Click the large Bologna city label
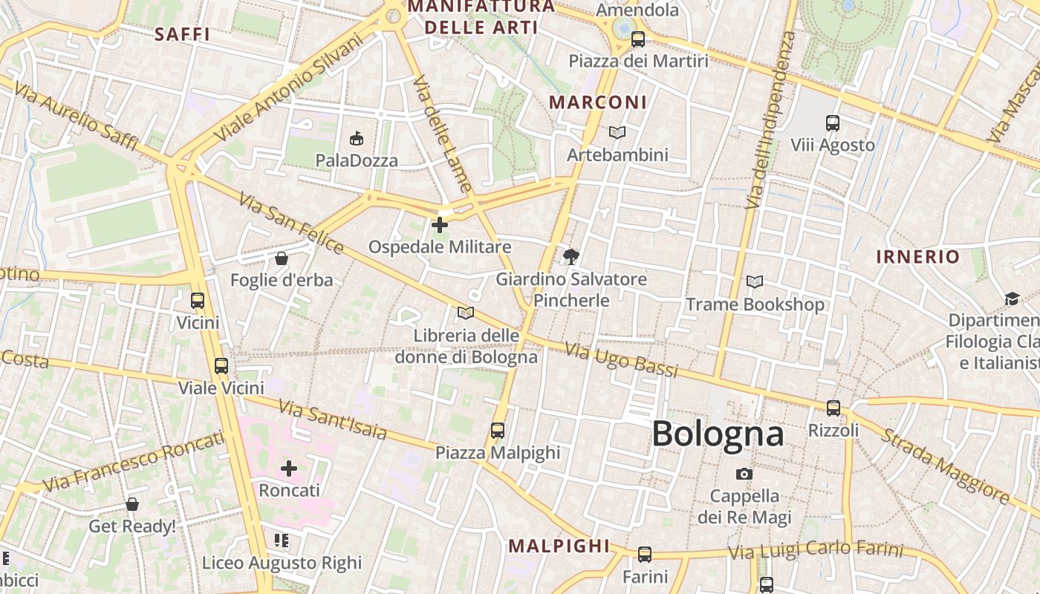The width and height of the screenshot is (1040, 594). click(718, 434)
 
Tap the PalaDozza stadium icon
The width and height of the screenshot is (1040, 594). click(357, 138)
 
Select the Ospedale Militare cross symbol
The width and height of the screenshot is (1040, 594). click(440, 224)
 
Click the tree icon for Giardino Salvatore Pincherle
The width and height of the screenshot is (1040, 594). click(571, 257)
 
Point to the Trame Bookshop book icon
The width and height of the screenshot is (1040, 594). click(755, 282)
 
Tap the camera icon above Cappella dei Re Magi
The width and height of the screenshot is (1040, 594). click(744, 474)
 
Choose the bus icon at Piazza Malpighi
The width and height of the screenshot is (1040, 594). click(498, 430)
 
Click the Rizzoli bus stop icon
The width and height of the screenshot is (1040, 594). click(833, 408)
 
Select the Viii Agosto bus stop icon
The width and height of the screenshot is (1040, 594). click(833, 123)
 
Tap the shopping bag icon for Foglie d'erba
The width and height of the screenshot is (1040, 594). click(282, 258)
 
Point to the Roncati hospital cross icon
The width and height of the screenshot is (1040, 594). click(289, 469)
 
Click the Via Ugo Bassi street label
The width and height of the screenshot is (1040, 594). click(621, 359)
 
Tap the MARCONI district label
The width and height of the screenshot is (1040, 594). click(598, 102)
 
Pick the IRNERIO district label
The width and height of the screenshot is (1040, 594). click(918, 257)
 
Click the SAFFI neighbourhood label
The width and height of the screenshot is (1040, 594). click(182, 34)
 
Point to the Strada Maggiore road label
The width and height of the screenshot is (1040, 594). click(944, 466)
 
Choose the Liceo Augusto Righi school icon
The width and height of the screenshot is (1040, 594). click(282, 541)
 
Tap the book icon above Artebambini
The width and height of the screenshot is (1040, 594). click(617, 132)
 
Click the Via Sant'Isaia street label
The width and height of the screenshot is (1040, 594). click(332, 420)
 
